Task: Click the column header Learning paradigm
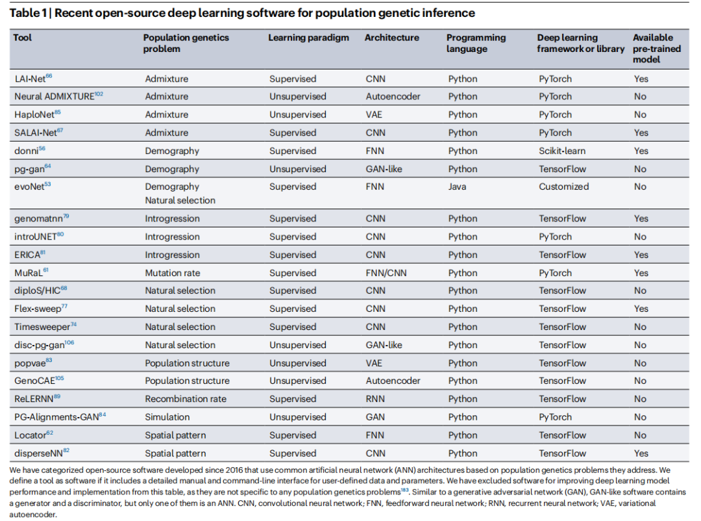point(308,38)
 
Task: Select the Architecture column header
point(391,38)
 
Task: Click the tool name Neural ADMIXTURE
point(54,97)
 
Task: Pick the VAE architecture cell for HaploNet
point(375,115)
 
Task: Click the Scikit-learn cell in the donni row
point(561,151)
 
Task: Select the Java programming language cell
point(458,187)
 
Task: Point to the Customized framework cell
point(563,187)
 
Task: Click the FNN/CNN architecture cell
point(386,273)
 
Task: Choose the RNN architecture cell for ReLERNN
point(375,400)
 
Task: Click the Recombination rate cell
point(186,400)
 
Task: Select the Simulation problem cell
point(167,418)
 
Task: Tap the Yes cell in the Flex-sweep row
point(641,309)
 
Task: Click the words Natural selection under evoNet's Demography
point(180,201)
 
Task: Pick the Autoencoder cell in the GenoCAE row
point(393,381)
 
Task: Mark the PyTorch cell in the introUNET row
point(555,237)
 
